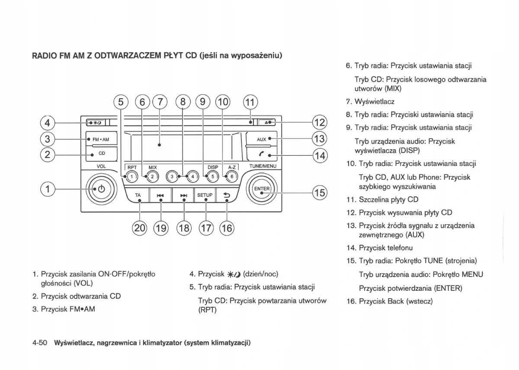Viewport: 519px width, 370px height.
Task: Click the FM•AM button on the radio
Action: point(100,139)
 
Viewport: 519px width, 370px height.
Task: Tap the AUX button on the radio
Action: point(262,139)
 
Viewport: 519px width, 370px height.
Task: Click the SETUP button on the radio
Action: point(205,195)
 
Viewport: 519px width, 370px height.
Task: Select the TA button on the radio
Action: point(138,196)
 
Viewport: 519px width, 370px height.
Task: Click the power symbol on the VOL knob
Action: point(101,189)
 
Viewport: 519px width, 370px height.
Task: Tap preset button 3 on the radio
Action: point(173,177)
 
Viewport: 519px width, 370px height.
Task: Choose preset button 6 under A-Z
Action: point(231,177)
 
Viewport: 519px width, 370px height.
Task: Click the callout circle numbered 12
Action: point(319,122)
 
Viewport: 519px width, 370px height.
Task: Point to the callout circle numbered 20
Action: point(140,228)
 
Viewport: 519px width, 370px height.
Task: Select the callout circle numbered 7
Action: point(160,102)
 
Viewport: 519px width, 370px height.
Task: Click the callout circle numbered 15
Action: point(319,192)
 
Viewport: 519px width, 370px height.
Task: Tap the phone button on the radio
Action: point(262,154)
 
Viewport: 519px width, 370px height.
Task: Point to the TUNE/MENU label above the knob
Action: point(263,166)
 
